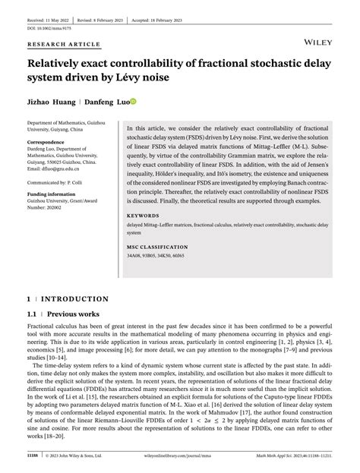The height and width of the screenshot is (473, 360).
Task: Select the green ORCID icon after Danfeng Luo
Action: pos(132,101)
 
